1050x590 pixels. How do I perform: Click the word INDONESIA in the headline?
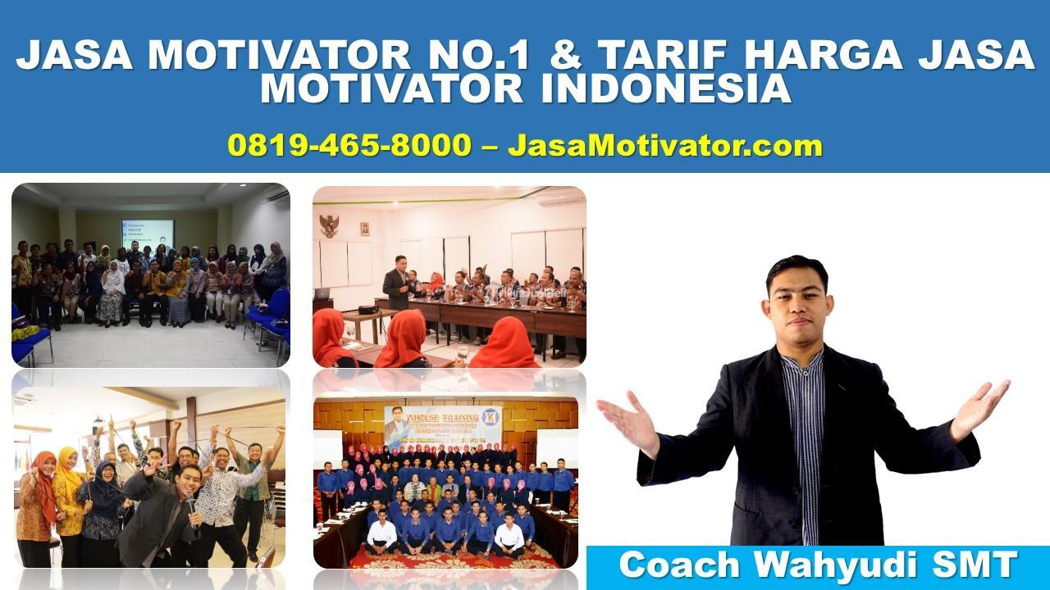[x=665, y=89]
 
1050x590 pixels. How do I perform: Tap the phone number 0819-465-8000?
[x=349, y=146]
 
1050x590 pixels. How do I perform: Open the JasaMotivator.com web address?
[x=664, y=146]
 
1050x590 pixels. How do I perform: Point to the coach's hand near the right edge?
[x=980, y=407]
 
